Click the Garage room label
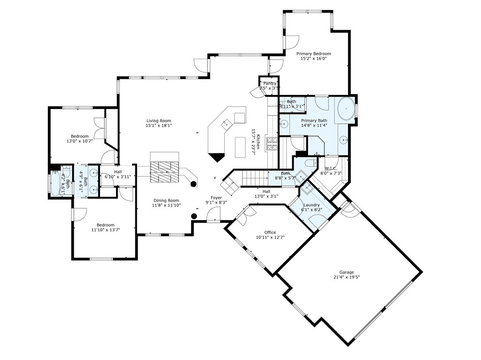click(347, 272)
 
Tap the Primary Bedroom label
click(313, 54)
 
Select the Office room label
click(270, 232)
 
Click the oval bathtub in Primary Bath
click(346, 109)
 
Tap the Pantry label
click(269, 84)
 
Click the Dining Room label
click(165, 200)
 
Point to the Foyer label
click(216, 198)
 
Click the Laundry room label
click(311, 205)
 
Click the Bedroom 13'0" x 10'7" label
click(79, 137)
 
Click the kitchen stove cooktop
click(272, 143)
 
